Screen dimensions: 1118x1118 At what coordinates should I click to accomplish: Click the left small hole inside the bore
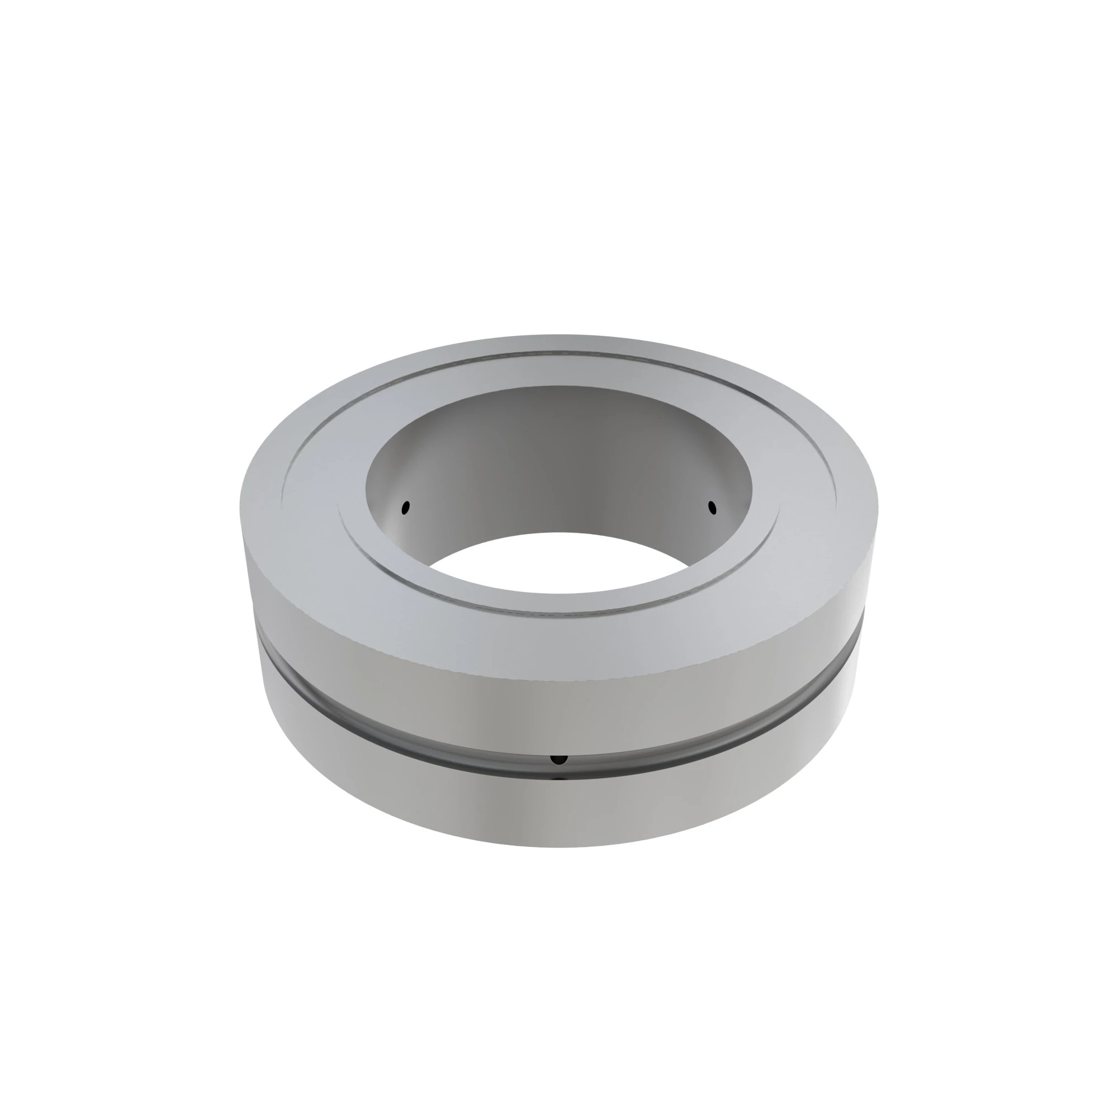point(406,508)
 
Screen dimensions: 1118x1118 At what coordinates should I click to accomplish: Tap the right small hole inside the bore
point(712,508)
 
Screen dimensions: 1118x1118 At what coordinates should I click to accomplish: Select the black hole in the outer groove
point(558,759)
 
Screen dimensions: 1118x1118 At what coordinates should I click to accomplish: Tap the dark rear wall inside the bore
point(558,457)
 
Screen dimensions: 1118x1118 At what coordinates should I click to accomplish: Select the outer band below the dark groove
point(558,810)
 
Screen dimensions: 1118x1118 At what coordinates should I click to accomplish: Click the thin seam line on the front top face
point(558,610)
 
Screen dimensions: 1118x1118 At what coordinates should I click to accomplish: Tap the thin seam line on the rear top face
point(558,352)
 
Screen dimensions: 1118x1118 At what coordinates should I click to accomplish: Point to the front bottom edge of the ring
point(558,847)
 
